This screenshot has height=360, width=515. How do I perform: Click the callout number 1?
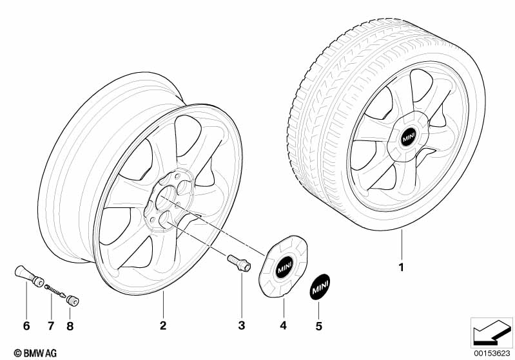(x=401, y=267)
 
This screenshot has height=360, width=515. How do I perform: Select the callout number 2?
(x=163, y=326)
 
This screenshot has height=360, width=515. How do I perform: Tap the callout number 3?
(x=241, y=326)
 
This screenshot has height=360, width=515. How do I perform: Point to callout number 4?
(x=282, y=326)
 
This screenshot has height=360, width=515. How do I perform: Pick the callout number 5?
(x=318, y=326)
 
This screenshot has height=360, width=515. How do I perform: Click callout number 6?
(x=26, y=326)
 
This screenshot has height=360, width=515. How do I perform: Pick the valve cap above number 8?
(x=72, y=300)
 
